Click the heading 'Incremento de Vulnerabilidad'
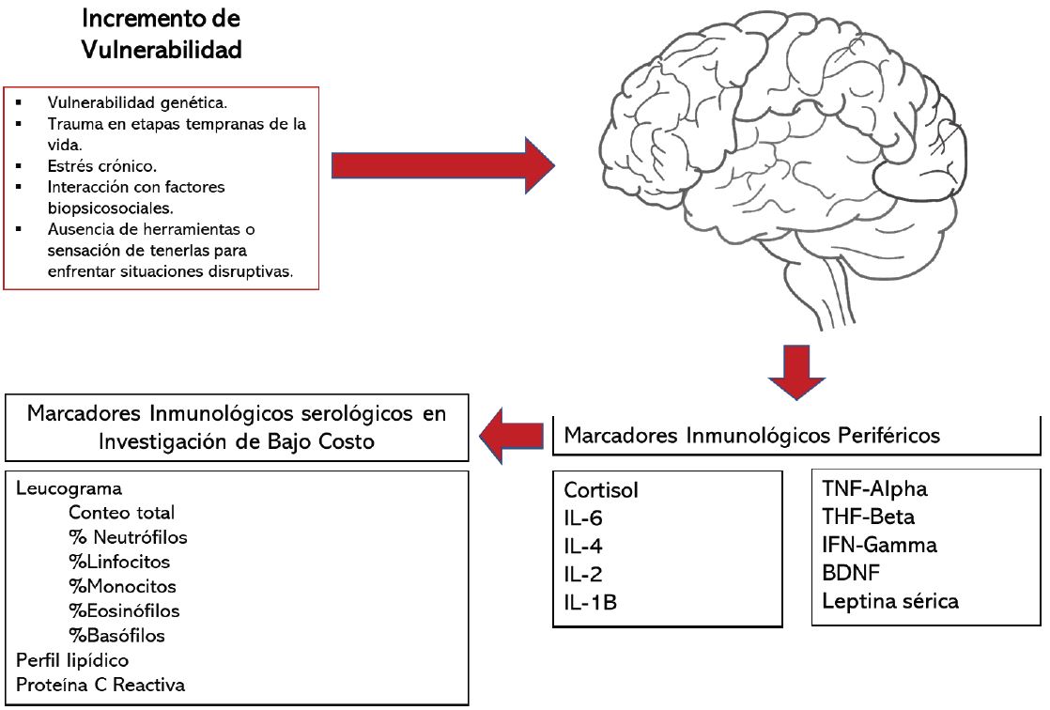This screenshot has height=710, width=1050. point(161,33)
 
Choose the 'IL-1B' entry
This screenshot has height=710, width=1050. point(590,602)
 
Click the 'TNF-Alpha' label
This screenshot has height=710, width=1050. point(874,488)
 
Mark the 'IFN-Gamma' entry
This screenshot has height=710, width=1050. point(879,545)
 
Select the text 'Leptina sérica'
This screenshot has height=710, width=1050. point(889,601)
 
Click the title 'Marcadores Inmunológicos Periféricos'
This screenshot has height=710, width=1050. point(751,436)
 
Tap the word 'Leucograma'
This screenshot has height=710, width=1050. point(69,489)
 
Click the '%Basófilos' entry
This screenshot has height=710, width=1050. point(116,635)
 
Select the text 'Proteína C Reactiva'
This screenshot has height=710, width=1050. point(100,684)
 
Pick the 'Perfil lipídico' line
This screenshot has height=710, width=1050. point(72,659)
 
